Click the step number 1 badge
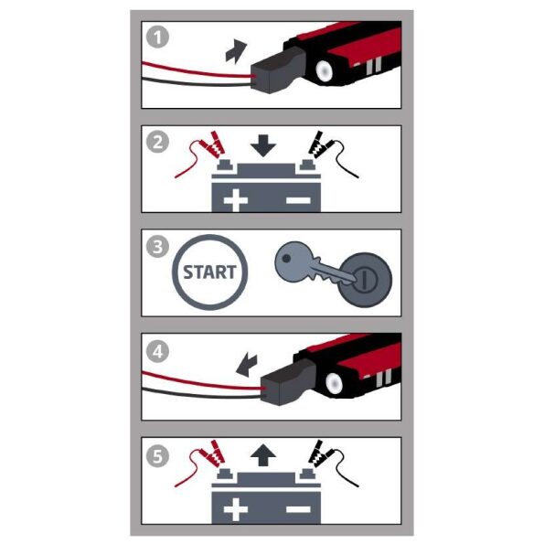point(158,37)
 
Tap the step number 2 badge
point(158,142)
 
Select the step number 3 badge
point(158,246)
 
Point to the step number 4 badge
point(158,351)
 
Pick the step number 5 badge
point(158,455)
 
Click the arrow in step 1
point(236,52)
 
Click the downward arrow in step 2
point(263,145)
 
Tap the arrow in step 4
point(247,365)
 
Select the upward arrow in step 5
point(263,455)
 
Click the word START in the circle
point(209,272)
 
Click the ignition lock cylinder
point(365,280)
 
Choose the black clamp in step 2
point(321,144)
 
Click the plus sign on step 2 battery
point(236,200)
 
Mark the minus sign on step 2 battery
point(298,200)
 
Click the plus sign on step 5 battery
point(236,509)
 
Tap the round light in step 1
point(324,70)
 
